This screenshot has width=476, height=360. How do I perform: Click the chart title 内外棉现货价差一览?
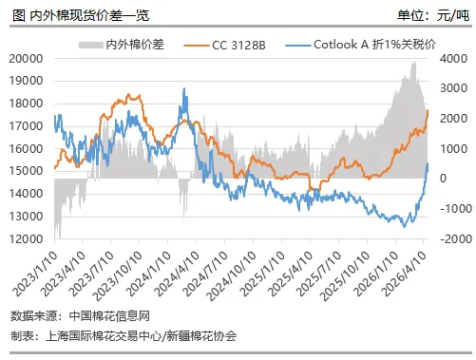[x=89, y=15]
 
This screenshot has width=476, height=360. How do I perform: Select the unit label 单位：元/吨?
[x=433, y=15]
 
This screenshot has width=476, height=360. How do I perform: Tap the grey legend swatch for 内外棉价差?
[x=91, y=46]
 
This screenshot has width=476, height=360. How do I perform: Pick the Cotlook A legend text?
[x=374, y=45]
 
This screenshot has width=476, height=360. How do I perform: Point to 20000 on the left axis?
[x=26, y=59]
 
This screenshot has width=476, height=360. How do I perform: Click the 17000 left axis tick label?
[x=26, y=126]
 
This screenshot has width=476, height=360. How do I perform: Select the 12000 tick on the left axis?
[x=26, y=238]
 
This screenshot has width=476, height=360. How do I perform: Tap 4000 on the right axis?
[x=453, y=59]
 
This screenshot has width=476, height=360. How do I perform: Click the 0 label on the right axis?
[x=444, y=179]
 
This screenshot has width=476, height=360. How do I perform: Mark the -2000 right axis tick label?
[x=456, y=238]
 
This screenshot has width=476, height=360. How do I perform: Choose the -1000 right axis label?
[x=456, y=209]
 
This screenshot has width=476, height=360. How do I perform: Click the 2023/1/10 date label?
[x=35, y=274]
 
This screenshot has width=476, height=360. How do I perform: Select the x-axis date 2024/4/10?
[x=178, y=274]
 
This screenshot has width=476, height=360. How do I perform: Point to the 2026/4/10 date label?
[x=406, y=274]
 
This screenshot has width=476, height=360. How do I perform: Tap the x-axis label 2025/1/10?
[x=263, y=274]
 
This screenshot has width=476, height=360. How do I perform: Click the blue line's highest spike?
[x=184, y=88]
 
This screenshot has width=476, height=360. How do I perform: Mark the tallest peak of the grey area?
[x=414, y=63]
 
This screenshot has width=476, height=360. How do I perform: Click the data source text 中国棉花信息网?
[x=109, y=316]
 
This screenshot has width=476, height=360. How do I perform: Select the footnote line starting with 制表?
[x=124, y=335]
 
